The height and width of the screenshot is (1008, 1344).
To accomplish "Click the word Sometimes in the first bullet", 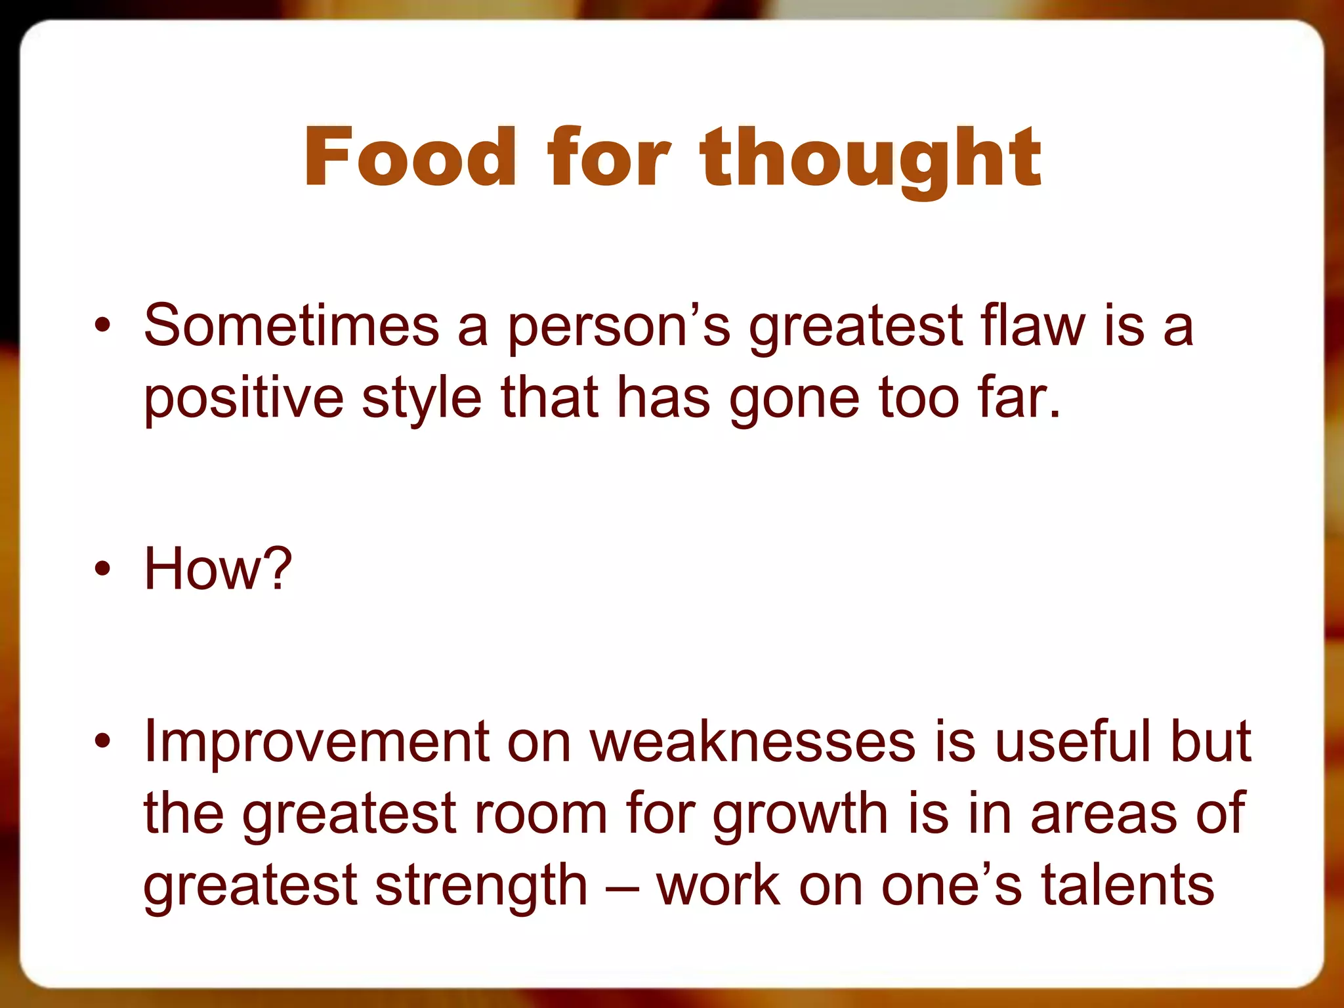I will (291, 326).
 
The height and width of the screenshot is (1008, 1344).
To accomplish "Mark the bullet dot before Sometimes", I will (102, 326).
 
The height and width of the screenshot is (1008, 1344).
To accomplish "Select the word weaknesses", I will (752, 742).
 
